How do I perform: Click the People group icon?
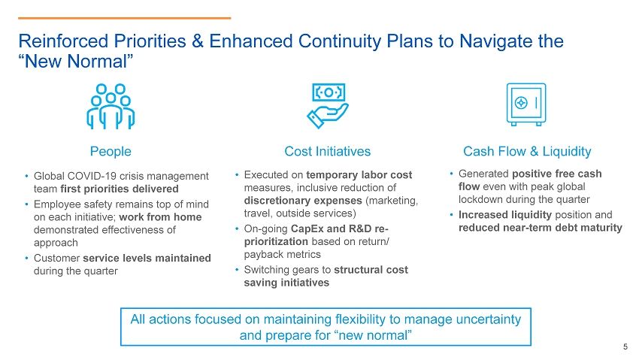tap(111, 106)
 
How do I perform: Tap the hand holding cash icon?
tap(328, 106)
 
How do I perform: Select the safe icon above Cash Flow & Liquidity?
tap(526, 104)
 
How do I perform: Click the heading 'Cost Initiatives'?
tap(328, 152)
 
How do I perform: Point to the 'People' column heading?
tap(111, 152)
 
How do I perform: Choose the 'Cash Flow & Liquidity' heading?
tap(527, 152)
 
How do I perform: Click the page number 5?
tap(625, 347)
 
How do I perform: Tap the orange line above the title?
tap(124, 18)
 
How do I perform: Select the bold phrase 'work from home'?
tap(160, 217)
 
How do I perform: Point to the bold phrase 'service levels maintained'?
tap(147, 259)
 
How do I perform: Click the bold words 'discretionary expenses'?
tap(303, 201)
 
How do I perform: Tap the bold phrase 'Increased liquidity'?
tap(505, 215)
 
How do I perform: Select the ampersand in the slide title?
tap(198, 41)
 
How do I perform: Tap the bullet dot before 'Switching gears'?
tap(237, 270)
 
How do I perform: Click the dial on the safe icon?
tap(521, 103)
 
